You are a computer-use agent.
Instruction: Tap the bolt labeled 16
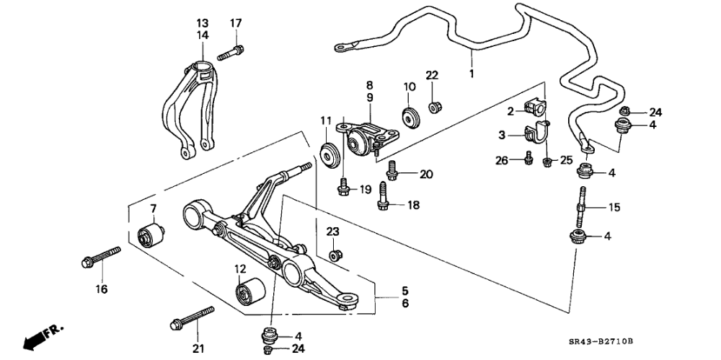pos(99,256)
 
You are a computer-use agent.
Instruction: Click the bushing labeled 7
pos(151,235)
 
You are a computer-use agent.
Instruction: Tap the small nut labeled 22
pos(435,107)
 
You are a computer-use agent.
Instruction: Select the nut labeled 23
pos(335,255)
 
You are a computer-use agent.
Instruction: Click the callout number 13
pos(202,23)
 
